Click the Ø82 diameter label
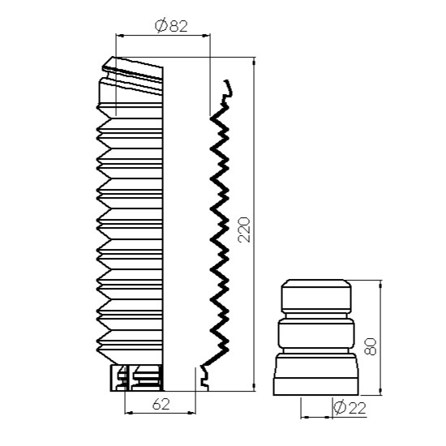point(171,26)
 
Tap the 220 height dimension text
point(244,229)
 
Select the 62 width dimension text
point(161,404)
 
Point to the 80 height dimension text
point(371,346)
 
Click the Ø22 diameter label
point(350,408)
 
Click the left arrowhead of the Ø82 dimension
point(120,36)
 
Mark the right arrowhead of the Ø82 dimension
point(206,36)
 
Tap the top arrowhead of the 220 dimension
point(254,61)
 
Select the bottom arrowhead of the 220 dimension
point(254,387)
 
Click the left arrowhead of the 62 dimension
point(129,413)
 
